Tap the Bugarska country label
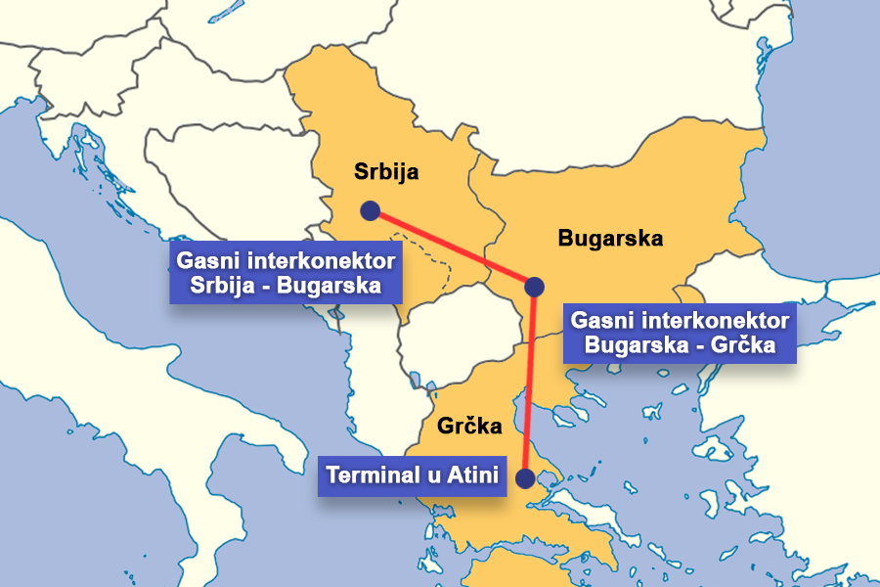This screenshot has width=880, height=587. click(610, 238)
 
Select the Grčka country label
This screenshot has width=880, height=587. click(469, 427)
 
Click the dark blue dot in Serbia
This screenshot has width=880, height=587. click(370, 210)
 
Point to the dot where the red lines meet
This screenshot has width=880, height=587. click(534, 287)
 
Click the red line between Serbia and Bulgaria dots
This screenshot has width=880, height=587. click(450, 248)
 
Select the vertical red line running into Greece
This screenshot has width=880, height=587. click(531, 382)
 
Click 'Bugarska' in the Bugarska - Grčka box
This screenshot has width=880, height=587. click(643, 345)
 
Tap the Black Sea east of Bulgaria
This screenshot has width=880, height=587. click(821, 196)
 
